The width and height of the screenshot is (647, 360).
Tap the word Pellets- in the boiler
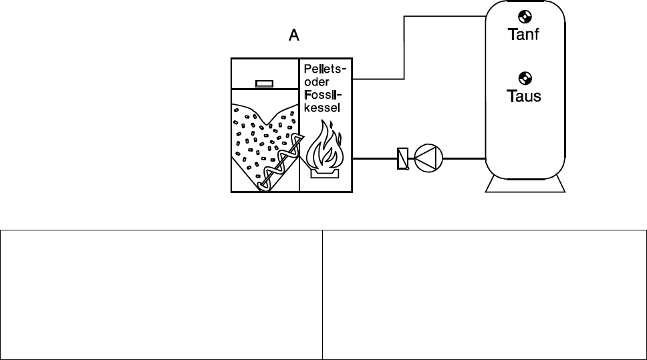point(325,69)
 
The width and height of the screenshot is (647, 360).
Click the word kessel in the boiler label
point(322,107)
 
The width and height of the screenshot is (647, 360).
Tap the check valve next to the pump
point(402,159)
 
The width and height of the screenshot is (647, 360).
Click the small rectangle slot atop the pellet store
point(264,83)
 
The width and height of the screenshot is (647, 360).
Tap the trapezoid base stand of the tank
point(526,186)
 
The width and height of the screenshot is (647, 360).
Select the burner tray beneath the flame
point(324,173)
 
